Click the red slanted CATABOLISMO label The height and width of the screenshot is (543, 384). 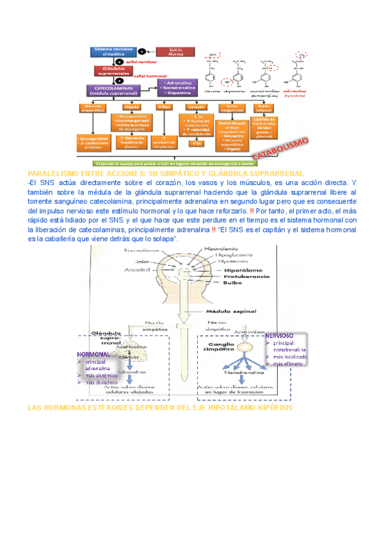point(282,148)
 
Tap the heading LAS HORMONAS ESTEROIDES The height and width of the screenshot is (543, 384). point(160,407)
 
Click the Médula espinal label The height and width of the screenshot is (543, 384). point(236,312)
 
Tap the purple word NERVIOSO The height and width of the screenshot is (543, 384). point(279,336)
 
